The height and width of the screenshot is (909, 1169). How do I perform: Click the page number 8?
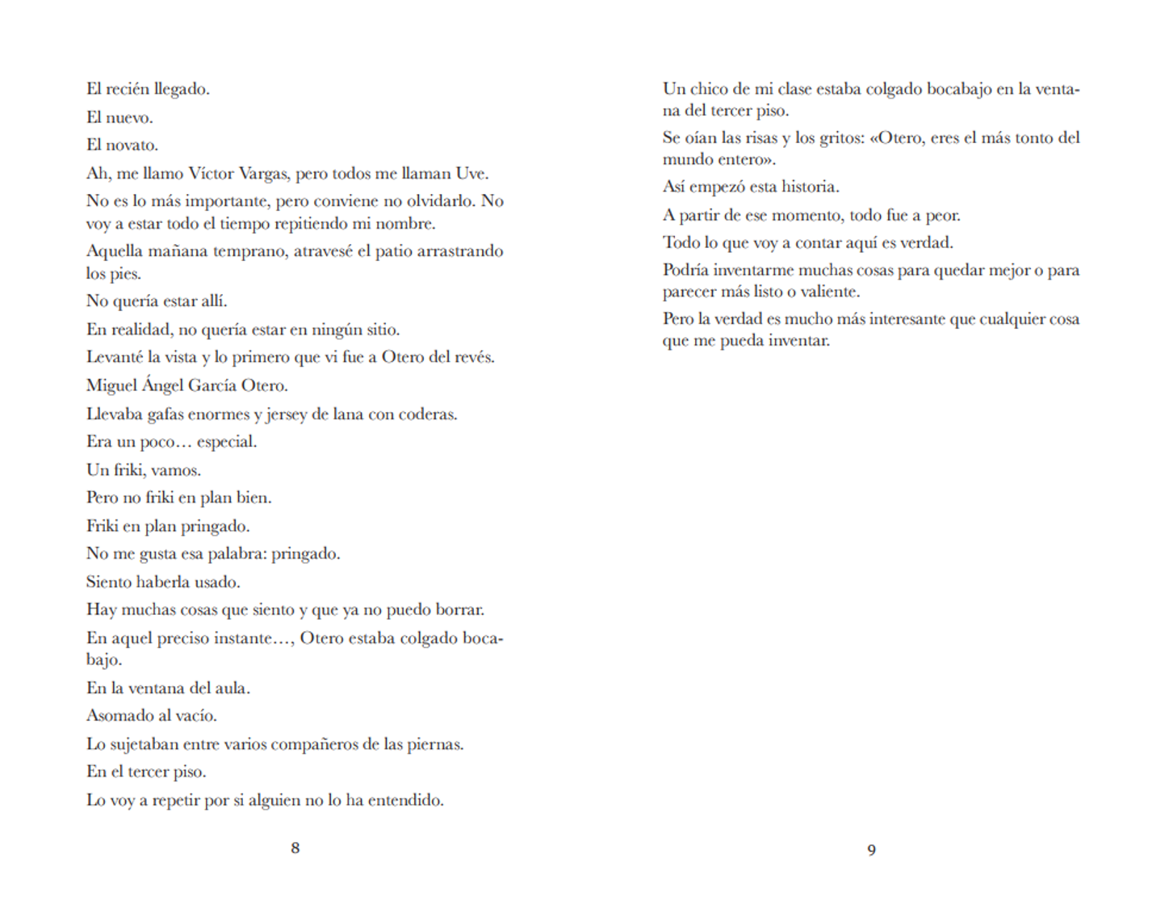point(295,848)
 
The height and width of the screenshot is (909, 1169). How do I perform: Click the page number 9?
point(871,849)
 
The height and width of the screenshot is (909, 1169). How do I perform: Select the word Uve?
point(471,173)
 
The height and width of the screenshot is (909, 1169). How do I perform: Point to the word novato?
point(132,145)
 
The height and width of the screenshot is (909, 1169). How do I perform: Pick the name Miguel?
point(111,385)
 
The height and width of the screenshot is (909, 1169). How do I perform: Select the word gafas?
point(167,415)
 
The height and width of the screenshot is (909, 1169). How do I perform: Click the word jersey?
point(287,415)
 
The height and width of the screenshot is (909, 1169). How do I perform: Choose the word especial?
point(226,443)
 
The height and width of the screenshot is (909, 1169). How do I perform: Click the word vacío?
point(195,716)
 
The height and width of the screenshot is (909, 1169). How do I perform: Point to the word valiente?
point(830,292)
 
